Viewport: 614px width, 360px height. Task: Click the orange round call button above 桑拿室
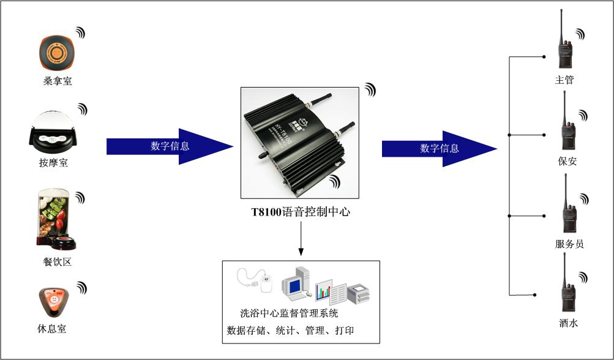click(x=56, y=52)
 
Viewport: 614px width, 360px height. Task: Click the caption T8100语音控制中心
click(x=301, y=212)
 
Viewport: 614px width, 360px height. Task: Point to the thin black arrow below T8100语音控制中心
click(x=301, y=239)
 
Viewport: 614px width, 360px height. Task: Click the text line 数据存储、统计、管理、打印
click(x=290, y=331)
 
